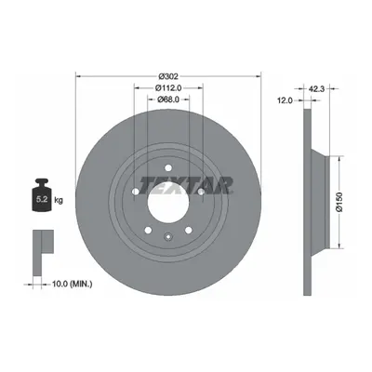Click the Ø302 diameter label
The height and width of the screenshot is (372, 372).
tap(168, 76)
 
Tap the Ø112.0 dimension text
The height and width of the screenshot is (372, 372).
tap(168, 88)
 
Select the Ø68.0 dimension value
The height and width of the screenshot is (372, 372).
tap(168, 100)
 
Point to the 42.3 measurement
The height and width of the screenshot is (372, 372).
tap(316, 89)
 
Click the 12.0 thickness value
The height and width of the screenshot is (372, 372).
tap(286, 100)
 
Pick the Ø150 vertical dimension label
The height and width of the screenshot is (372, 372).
tap(339, 203)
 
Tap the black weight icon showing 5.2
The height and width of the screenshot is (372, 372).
tap(42, 195)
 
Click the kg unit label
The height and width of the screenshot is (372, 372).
tap(59, 200)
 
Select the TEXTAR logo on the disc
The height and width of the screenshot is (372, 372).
tap(186, 185)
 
